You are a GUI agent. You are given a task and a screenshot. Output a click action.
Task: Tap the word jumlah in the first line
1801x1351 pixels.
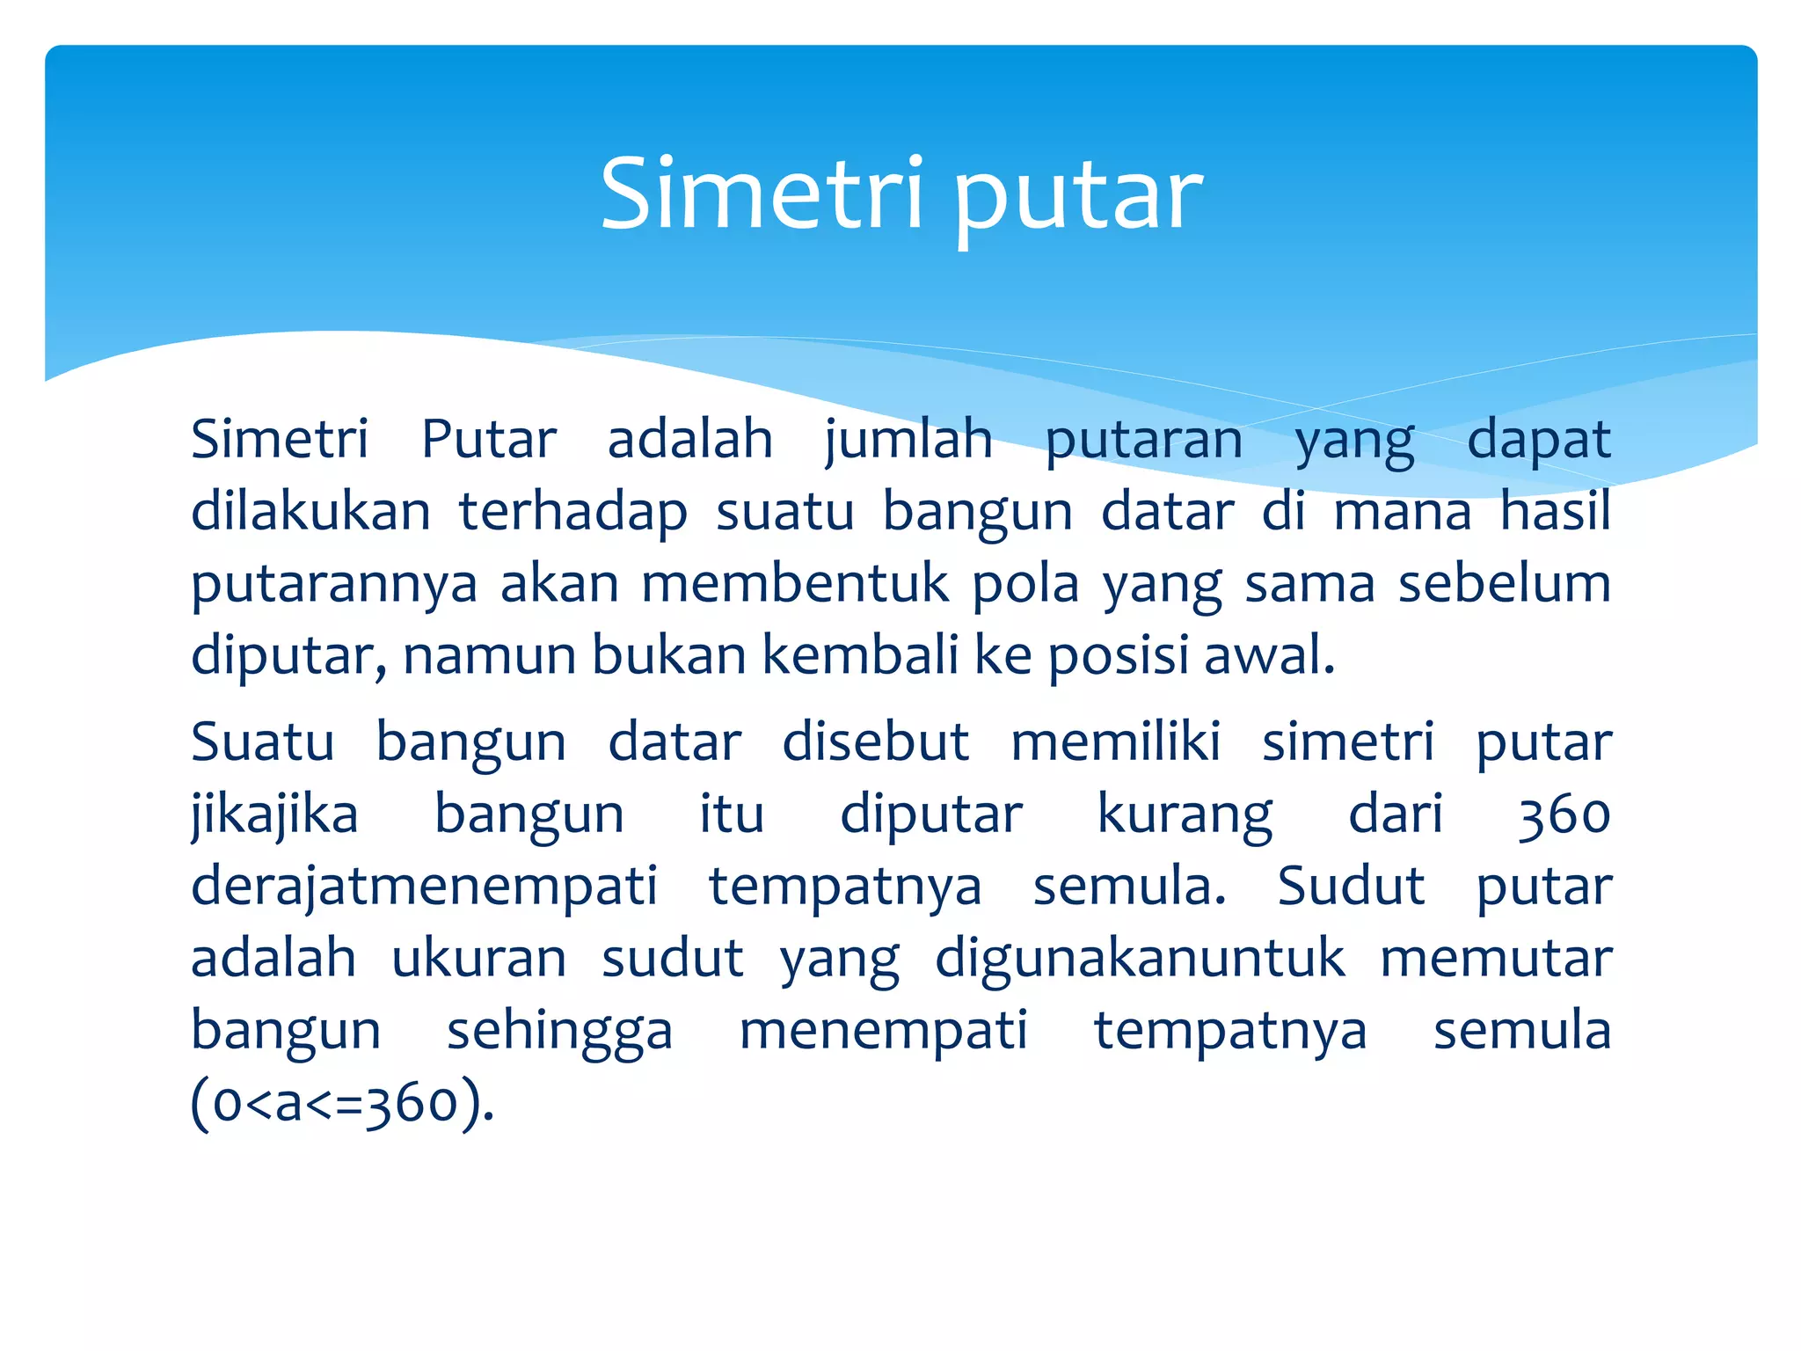pyautogui.click(x=908, y=440)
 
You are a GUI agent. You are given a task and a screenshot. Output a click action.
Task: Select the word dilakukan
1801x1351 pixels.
pyautogui.click(x=310, y=511)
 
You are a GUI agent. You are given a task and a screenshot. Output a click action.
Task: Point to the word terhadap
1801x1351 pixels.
pyautogui.click(x=572, y=513)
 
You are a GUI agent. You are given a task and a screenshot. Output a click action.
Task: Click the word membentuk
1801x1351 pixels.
pyautogui.click(x=795, y=583)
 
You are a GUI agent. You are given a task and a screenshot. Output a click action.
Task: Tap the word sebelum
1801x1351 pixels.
pyautogui.click(x=1504, y=583)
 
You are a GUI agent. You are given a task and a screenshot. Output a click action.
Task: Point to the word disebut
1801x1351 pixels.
pyautogui.click(x=875, y=741)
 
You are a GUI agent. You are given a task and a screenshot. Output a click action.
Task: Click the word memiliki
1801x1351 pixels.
pyautogui.click(x=1115, y=741)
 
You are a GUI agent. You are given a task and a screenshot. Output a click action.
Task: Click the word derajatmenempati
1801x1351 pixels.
pyautogui.click(x=424, y=887)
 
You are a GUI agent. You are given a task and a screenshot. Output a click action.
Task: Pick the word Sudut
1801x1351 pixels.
pyautogui.click(x=1350, y=886)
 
